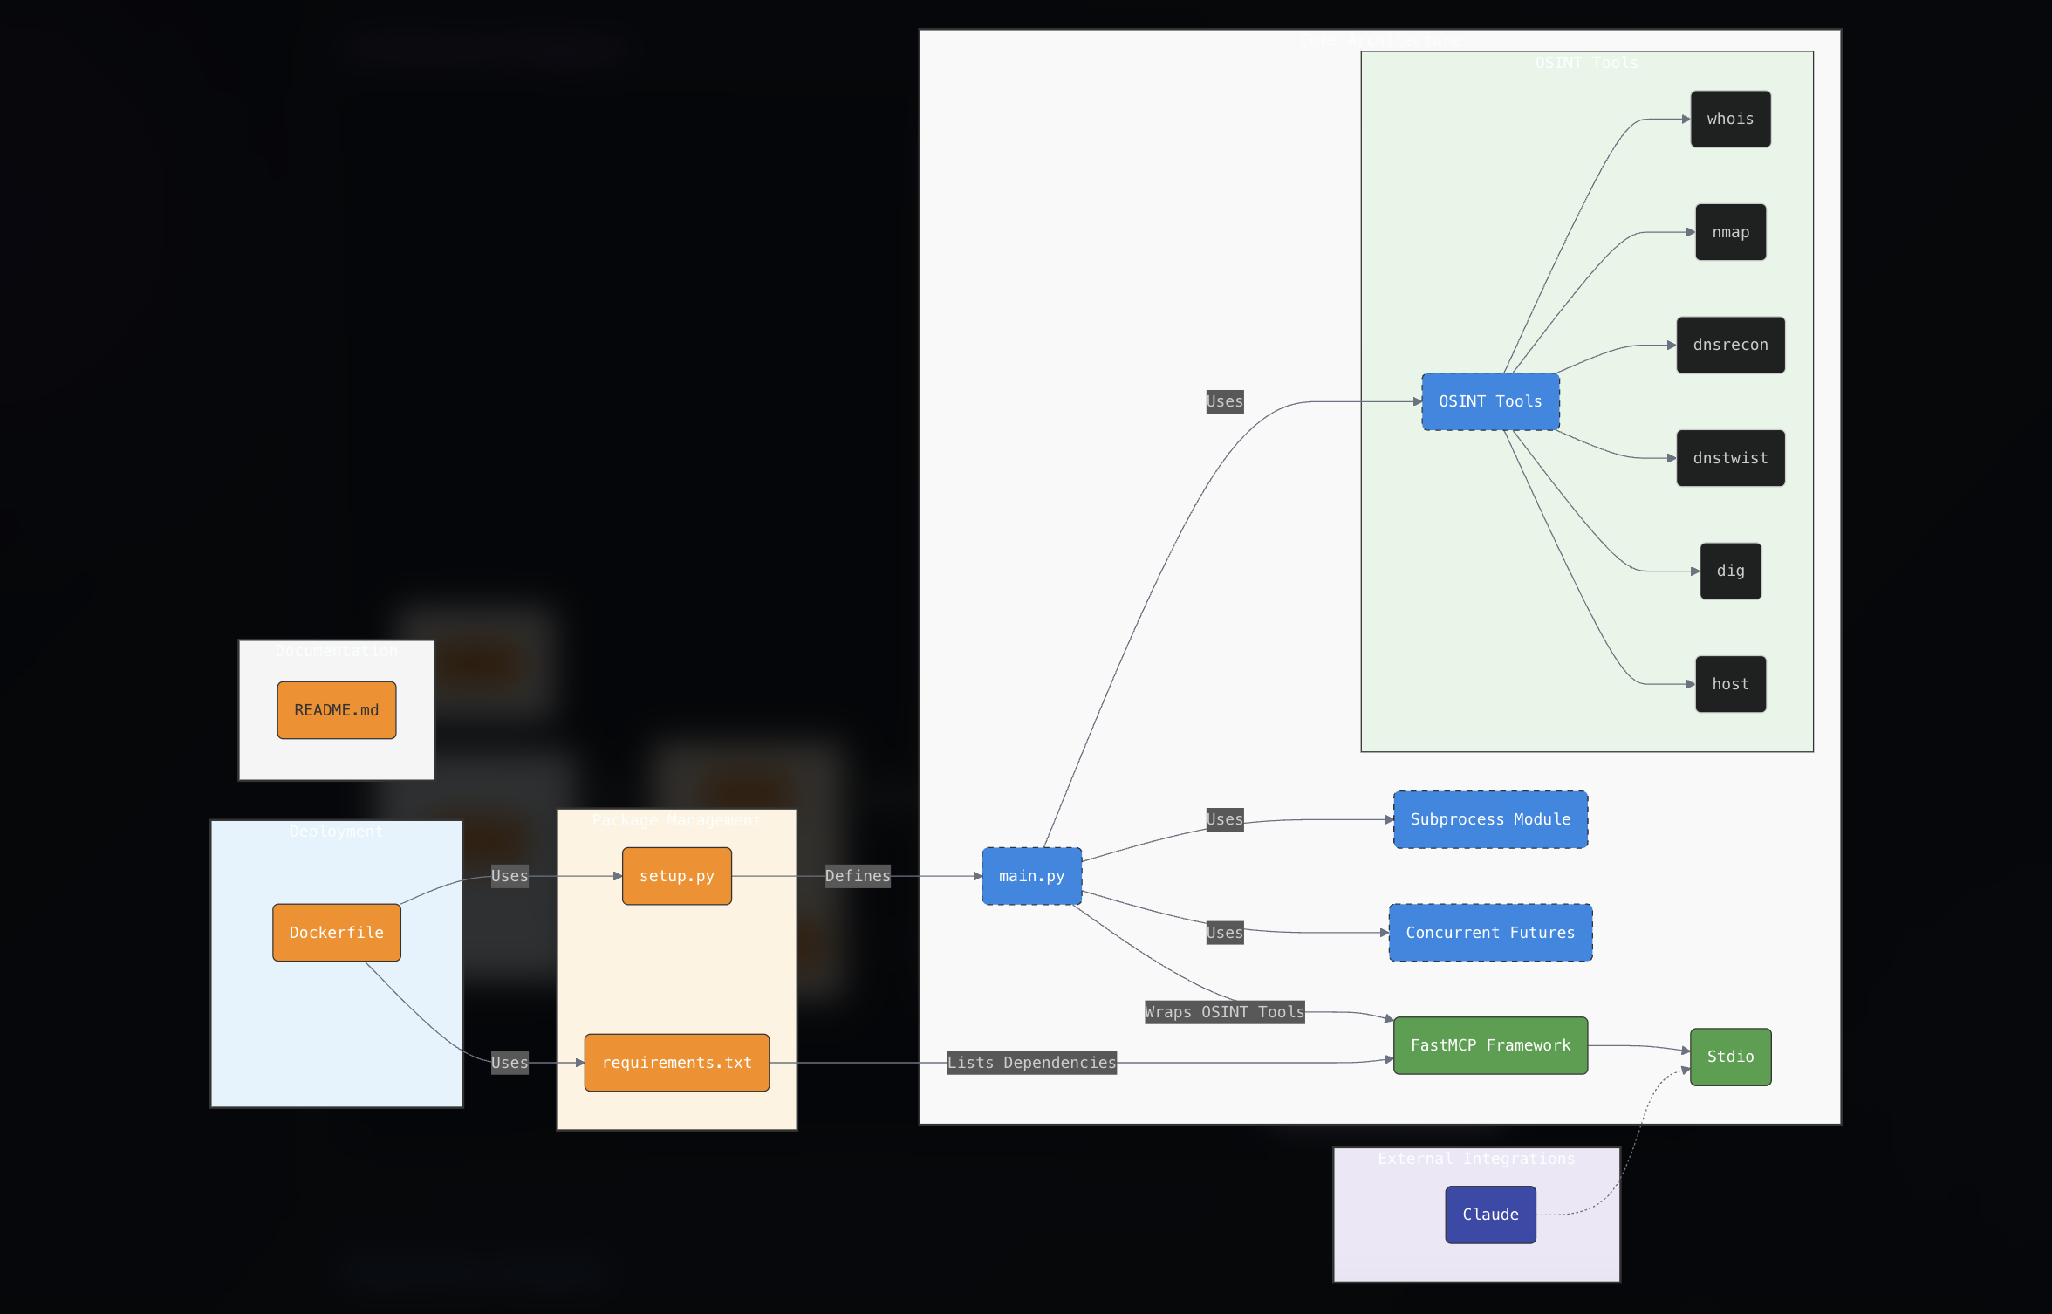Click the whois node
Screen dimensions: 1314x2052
click(1730, 119)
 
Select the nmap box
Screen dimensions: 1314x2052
click(1730, 232)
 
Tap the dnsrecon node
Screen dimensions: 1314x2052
click(1730, 345)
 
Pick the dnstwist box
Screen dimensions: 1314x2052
click(1730, 458)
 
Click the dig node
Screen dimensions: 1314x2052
click(1730, 571)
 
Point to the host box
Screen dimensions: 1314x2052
click(1730, 684)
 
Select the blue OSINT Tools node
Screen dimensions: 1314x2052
click(1490, 401)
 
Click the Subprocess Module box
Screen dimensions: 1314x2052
click(1490, 819)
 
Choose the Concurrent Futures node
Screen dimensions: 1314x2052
click(1490, 933)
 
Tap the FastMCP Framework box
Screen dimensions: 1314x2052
click(1490, 1045)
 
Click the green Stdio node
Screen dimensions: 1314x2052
click(1730, 1057)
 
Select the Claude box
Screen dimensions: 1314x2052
click(1490, 1215)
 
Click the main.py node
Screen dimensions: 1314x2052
click(1031, 876)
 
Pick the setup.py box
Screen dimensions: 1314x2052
click(677, 876)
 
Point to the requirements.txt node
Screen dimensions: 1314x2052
click(677, 1063)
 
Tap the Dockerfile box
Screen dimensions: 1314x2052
click(337, 933)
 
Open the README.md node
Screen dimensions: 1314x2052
click(337, 710)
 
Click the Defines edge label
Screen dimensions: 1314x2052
click(858, 876)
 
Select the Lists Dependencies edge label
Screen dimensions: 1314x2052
click(1031, 1063)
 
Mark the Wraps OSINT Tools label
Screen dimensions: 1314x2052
click(1224, 1012)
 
